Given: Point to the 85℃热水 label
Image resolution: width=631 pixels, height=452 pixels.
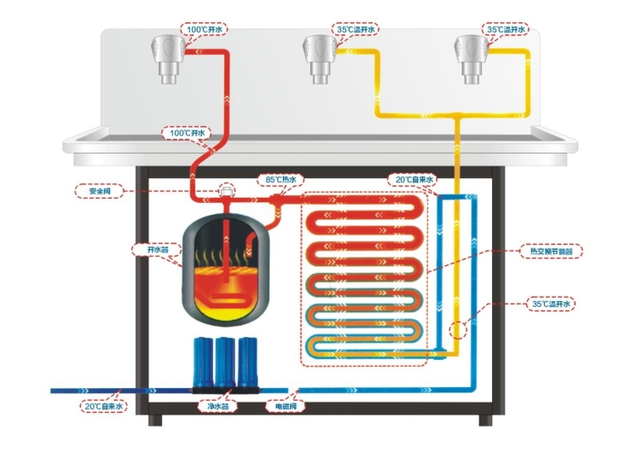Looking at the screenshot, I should pyautogui.click(x=281, y=180).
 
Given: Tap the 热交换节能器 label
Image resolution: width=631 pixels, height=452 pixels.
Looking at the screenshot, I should pyautogui.click(x=552, y=252).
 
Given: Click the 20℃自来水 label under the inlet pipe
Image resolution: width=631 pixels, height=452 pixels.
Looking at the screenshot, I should pyautogui.click(x=104, y=407).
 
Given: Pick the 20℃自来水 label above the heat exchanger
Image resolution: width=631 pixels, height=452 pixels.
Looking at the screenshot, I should pyautogui.click(x=413, y=180).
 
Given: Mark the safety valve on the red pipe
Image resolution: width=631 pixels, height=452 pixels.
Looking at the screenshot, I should pyautogui.click(x=227, y=192).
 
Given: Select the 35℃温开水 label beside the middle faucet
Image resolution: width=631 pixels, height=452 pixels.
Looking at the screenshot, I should pyautogui.click(x=356, y=29).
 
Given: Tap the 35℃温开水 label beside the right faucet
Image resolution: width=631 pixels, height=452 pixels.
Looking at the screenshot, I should pyautogui.click(x=507, y=29).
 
